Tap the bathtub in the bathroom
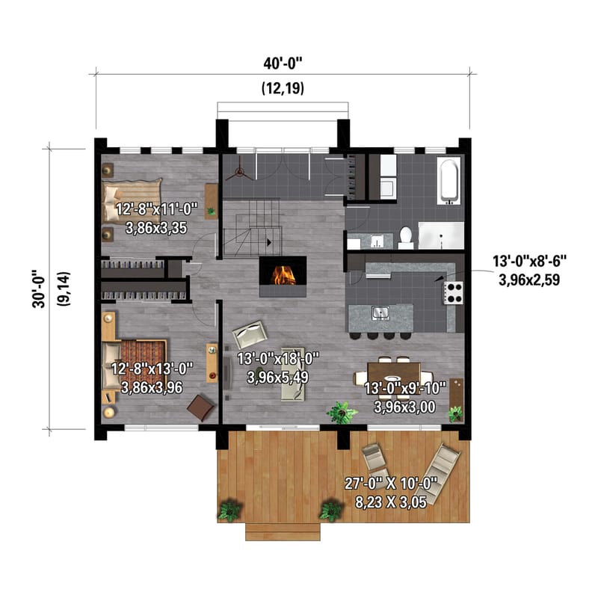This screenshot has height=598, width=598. point(449,179)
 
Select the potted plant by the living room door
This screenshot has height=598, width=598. point(342,413)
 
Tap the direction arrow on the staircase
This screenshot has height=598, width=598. point(267,241)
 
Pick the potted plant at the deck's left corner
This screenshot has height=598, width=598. point(229,511)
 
